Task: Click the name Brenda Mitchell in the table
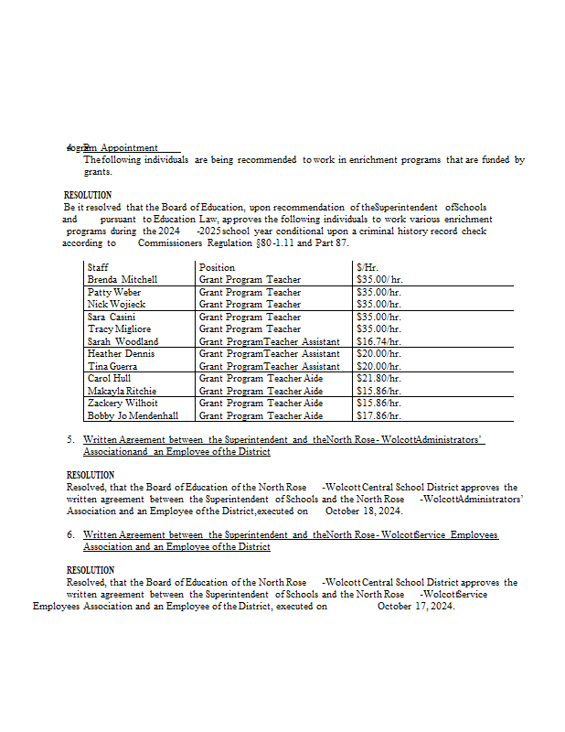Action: (123, 279)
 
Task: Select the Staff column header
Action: (98, 267)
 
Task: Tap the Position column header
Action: (217, 267)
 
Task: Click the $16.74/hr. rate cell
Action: (378, 341)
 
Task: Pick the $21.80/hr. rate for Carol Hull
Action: (378, 378)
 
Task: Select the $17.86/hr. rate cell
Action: (378, 415)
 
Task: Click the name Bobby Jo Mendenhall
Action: (133, 415)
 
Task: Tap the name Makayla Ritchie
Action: (122, 391)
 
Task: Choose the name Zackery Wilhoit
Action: (123, 403)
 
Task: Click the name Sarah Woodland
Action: (123, 341)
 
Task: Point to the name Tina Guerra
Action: (113, 366)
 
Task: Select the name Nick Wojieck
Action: (115, 304)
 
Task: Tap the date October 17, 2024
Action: (416, 606)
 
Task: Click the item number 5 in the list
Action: (70, 439)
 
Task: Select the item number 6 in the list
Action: (70, 534)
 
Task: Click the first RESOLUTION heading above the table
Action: (88, 195)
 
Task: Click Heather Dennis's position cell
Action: (269, 353)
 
